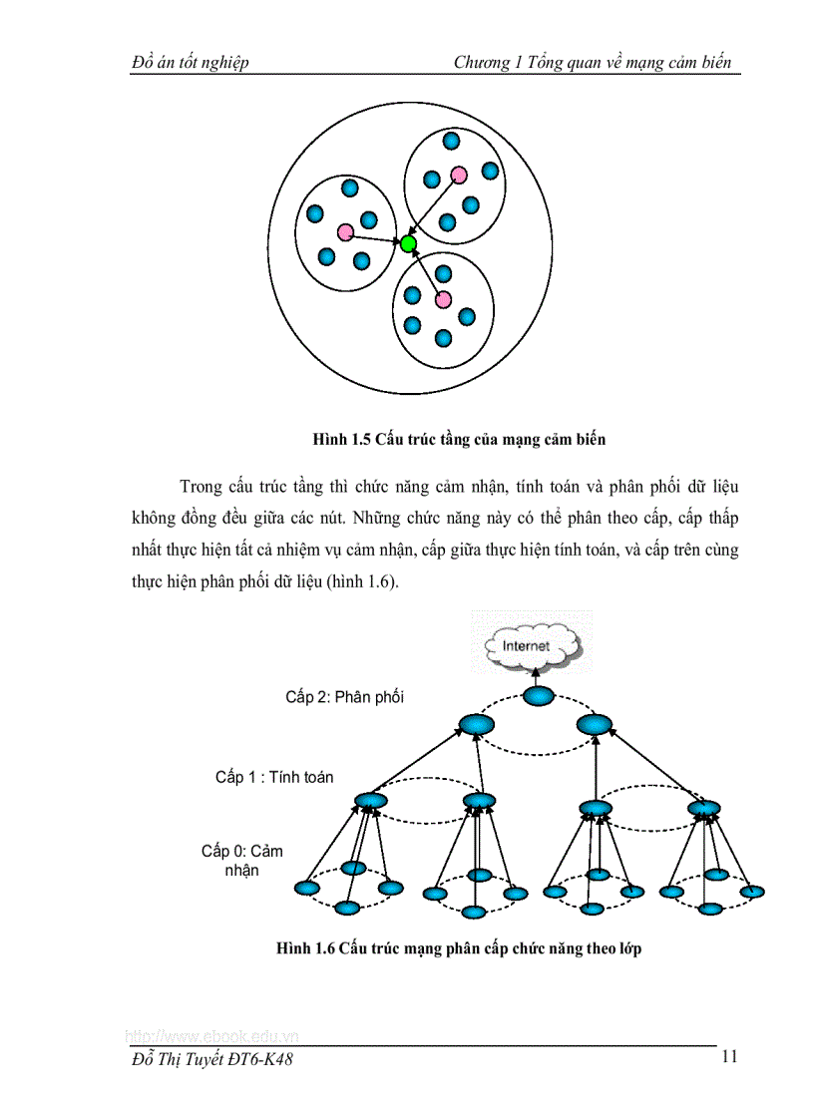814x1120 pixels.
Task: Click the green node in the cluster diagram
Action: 408,243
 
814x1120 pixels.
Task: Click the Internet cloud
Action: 526,646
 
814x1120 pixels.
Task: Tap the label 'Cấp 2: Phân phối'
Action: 344,697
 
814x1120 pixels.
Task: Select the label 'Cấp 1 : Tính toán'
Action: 274,777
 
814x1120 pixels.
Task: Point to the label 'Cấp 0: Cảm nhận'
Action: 241,860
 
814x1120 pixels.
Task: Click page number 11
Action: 728,1057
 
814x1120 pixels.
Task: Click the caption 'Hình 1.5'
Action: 341,438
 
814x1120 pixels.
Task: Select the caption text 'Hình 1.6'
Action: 305,948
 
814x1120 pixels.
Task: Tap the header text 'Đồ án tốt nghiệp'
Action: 191,63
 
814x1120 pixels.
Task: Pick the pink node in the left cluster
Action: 345,232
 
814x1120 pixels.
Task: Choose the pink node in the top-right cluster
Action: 458,175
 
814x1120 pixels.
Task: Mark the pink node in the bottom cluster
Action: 443,299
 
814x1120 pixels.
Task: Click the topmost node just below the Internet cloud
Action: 537,696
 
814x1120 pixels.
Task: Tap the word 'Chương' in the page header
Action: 482,63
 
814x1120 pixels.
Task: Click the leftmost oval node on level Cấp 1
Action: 370,800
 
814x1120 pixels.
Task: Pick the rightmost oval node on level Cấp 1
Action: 702,806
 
